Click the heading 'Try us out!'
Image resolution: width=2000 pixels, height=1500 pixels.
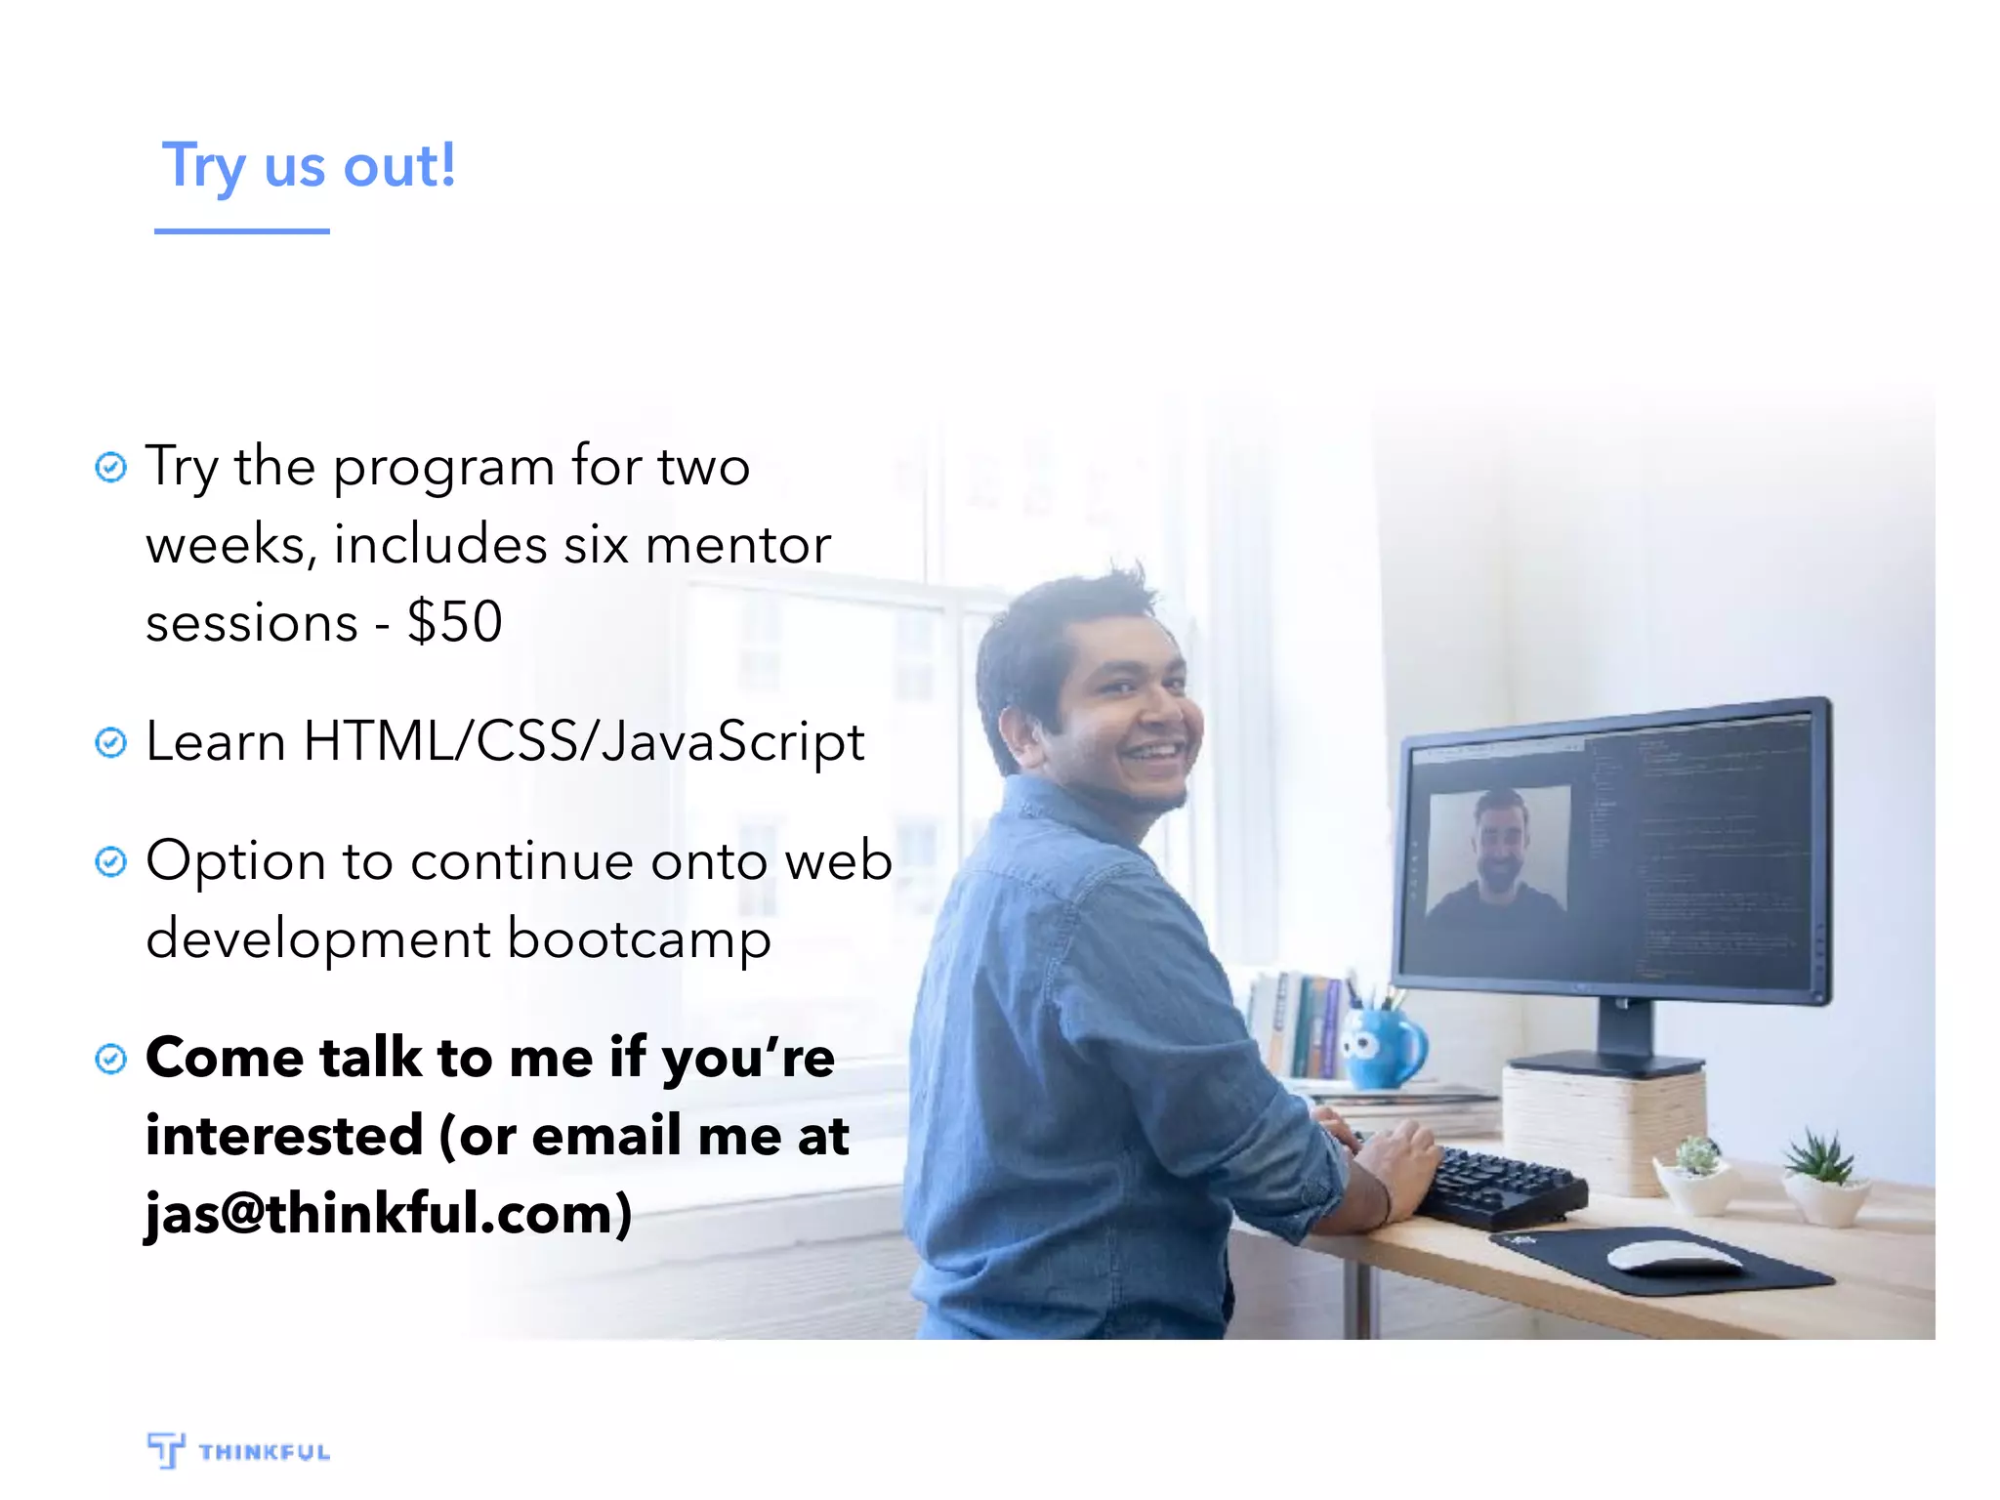309,166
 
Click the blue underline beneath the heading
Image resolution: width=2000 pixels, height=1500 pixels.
241,231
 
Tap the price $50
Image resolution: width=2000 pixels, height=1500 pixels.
455,621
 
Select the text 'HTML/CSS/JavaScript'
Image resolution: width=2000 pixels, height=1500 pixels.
583,742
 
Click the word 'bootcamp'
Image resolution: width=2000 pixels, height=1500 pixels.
639,939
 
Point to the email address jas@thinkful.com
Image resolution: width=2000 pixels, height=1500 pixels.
388,1214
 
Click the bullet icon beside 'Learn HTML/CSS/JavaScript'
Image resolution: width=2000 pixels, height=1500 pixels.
110,743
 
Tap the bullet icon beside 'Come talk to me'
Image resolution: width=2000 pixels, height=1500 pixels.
110,1059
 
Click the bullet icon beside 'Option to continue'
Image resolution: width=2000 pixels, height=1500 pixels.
110,862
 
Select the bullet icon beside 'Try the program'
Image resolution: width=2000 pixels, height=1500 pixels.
110,468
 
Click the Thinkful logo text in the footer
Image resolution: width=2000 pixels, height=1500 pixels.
265,1452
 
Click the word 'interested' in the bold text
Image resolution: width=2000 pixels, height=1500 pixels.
284,1136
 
